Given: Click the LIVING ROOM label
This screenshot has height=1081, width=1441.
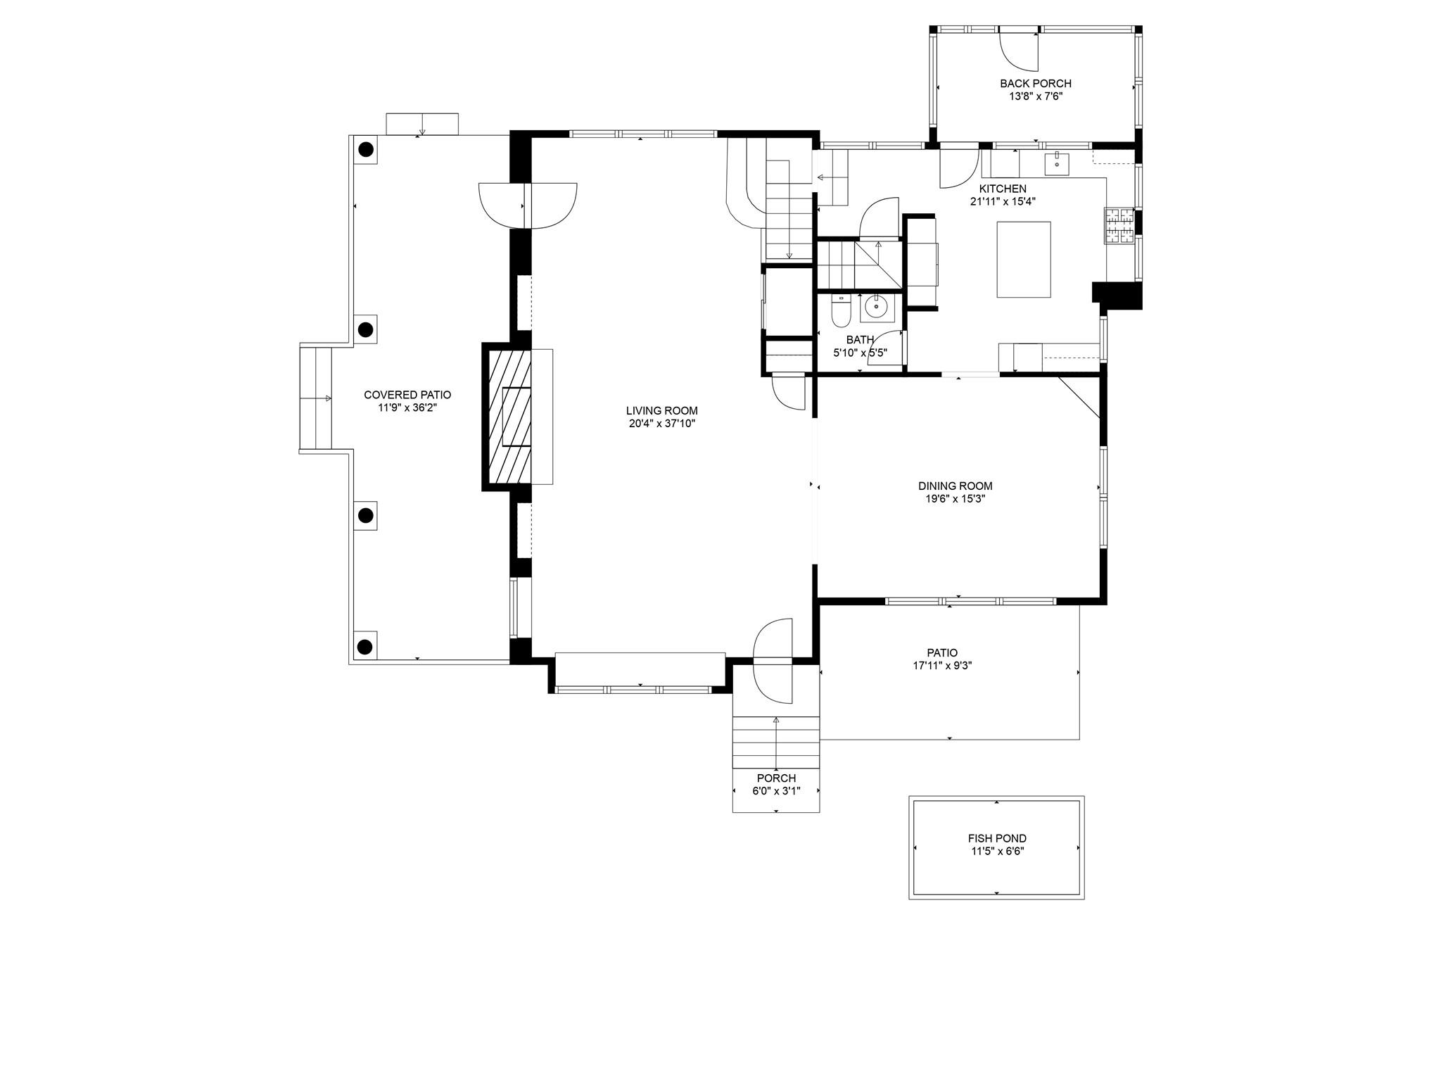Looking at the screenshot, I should (x=661, y=410).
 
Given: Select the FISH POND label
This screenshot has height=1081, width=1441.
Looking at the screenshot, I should (x=996, y=838).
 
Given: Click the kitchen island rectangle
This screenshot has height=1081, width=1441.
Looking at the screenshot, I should (x=1023, y=259).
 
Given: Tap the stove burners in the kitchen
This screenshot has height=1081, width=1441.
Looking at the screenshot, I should (x=1118, y=226).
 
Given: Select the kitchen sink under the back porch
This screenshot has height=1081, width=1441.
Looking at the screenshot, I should (x=1056, y=164).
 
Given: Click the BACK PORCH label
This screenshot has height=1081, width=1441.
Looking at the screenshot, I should (x=1035, y=84).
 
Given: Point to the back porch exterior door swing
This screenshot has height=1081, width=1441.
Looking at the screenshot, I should (x=1020, y=51).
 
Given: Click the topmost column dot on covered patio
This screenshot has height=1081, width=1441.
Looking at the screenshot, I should (x=366, y=149).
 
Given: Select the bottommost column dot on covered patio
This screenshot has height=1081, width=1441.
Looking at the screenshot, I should (x=364, y=646).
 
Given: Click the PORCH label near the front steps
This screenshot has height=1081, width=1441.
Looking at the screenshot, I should (x=776, y=778).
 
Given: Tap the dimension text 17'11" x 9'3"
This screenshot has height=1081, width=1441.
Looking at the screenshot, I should (x=942, y=665).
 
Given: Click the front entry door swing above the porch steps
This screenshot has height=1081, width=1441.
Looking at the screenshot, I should (x=773, y=662).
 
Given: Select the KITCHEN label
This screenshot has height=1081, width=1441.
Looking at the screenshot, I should (x=1003, y=189).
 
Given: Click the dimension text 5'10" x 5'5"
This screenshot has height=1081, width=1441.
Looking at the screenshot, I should (x=860, y=353).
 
